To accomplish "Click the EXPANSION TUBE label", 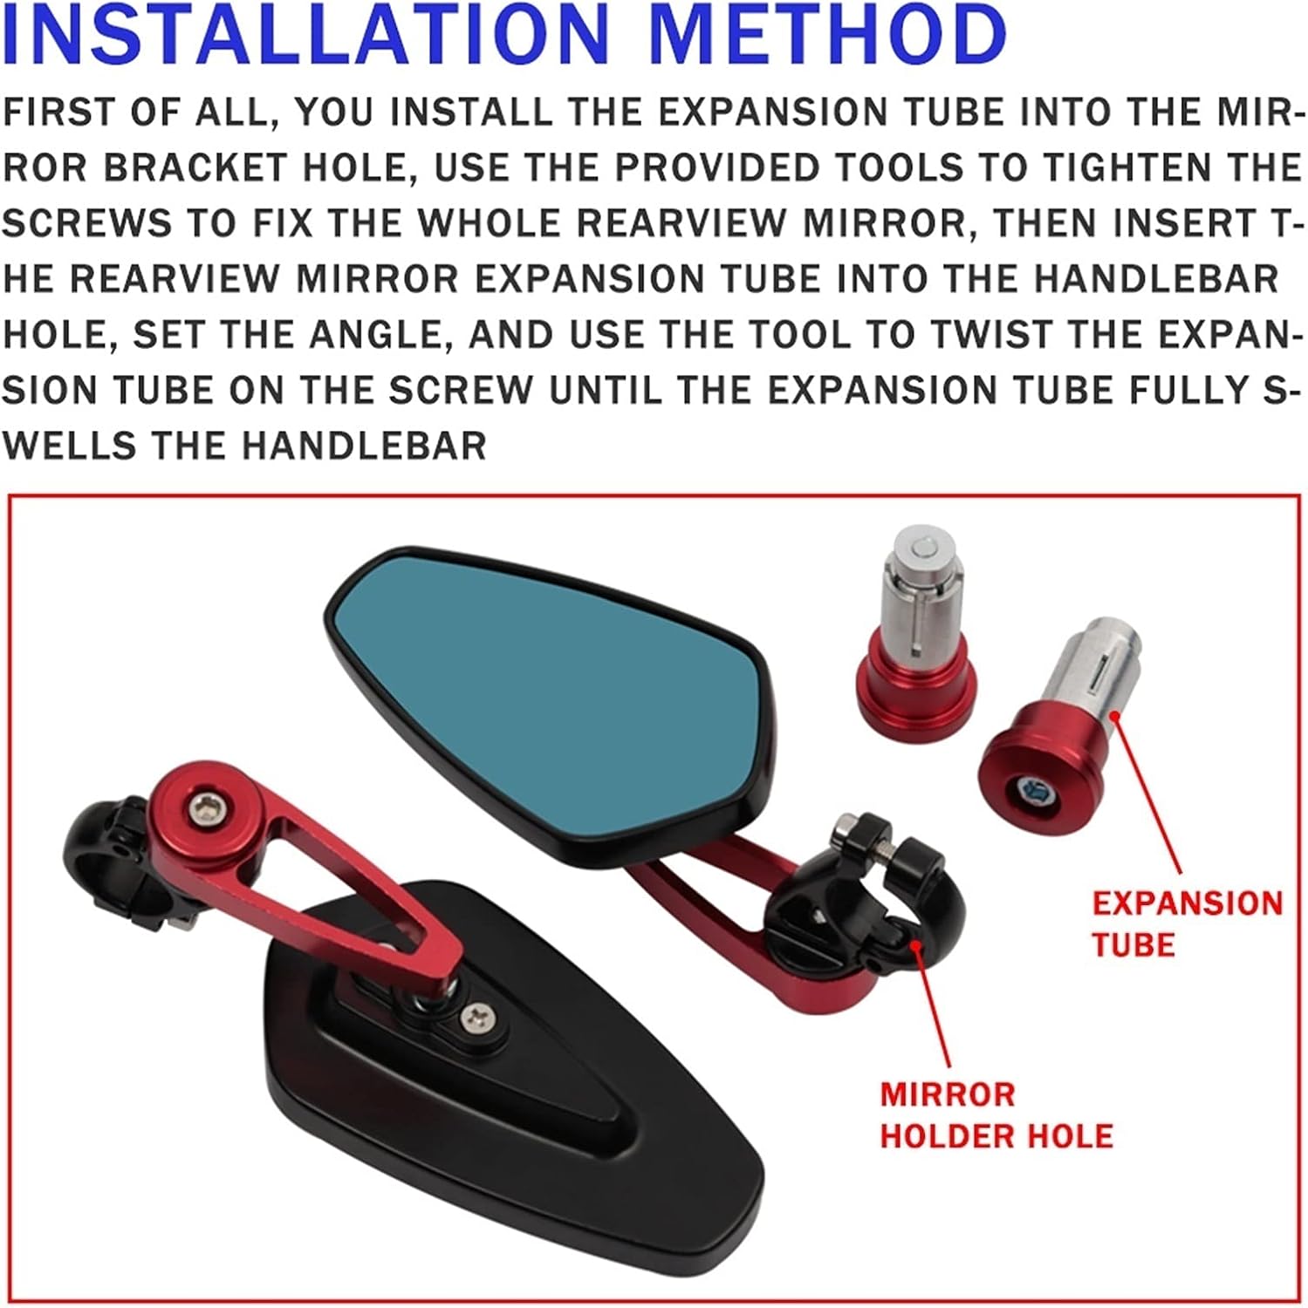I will [1186, 923].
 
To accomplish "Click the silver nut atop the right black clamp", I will [846, 828].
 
